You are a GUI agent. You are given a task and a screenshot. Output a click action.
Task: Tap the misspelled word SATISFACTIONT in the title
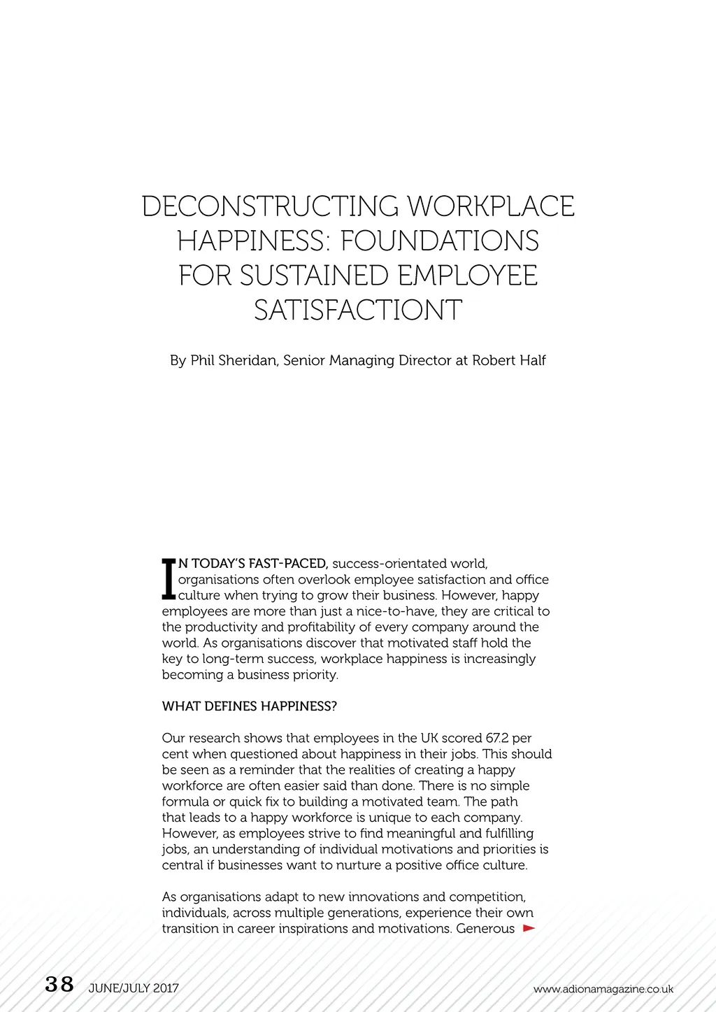coord(358,310)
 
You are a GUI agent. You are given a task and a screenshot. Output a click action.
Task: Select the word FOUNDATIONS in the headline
coord(440,241)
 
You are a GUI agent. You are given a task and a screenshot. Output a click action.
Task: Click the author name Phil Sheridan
coord(234,361)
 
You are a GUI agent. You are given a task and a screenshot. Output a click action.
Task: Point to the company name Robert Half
coord(509,361)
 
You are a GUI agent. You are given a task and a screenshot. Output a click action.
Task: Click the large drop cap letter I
coord(168,579)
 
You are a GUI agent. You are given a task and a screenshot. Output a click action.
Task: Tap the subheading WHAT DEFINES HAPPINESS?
coord(249,706)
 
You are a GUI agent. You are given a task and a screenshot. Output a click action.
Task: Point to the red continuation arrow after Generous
coord(529,929)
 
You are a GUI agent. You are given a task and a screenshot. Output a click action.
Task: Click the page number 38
coord(59,985)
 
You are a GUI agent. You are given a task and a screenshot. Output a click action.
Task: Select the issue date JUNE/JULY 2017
coord(134,988)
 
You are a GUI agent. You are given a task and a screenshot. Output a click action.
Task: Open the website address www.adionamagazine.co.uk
coord(603,989)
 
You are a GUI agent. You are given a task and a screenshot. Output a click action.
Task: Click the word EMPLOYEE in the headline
coord(468,276)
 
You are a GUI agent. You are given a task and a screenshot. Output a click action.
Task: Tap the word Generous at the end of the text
coord(485,929)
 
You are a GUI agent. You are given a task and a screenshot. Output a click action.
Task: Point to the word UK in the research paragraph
coord(429,739)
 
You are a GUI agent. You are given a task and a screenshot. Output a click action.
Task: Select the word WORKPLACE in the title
coord(491,206)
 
